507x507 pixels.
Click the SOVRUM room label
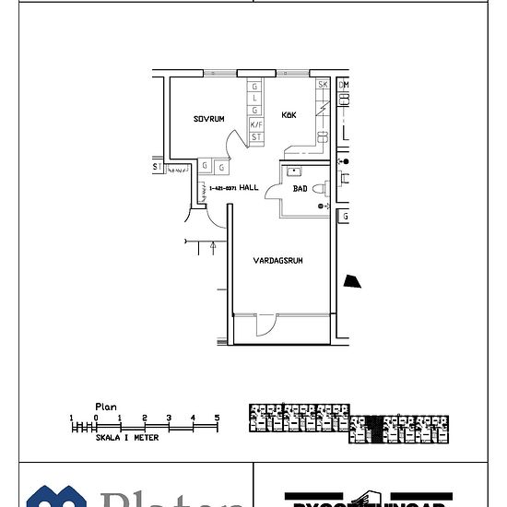coord(209,119)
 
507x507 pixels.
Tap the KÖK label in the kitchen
coord(290,113)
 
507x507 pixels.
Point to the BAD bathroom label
coord(300,188)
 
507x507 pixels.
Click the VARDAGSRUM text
coord(278,261)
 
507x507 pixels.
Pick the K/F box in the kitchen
coord(256,124)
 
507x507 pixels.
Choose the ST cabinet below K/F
coord(256,136)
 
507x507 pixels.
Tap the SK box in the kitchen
coord(323,85)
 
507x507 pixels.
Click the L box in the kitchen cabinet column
coord(256,98)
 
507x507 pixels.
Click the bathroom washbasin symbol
coord(293,171)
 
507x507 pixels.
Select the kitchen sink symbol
coord(324,137)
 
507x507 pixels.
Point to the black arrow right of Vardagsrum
coord(351,282)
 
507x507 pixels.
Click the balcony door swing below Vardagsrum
coord(265,324)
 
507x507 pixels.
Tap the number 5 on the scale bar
coord(218,418)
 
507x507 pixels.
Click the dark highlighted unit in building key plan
coord(372,425)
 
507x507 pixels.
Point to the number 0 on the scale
coord(95,418)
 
